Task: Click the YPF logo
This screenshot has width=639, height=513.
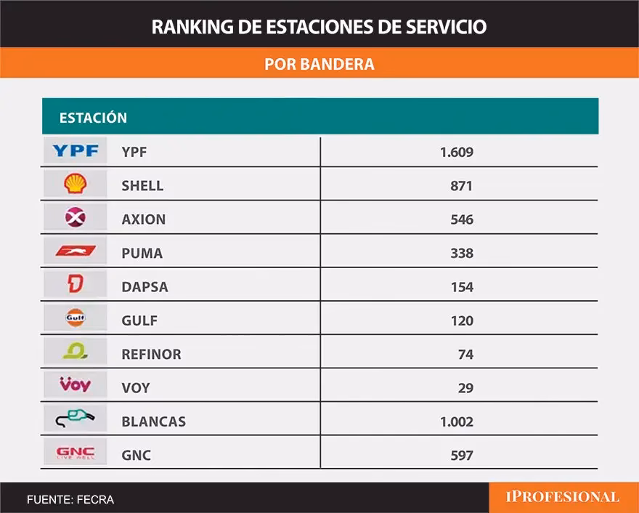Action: pyautogui.click(x=75, y=151)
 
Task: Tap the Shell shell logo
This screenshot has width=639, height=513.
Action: pyautogui.click(x=75, y=185)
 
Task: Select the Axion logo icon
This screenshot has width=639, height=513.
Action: pyautogui.click(x=75, y=218)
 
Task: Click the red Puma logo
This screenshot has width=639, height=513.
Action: pyautogui.click(x=75, y=252)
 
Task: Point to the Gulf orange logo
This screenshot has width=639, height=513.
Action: pyautogui.click(x=75, y=319)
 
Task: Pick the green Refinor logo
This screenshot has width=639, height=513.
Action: pyautogui.click(x=75, y=353)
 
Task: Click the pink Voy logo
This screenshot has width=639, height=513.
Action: pyautogui.click(x=75, y=386)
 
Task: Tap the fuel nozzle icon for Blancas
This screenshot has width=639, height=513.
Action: pyautogui.click(x=75, y=420)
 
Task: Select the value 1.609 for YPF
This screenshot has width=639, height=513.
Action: pyautogui.click(x=456, y=152)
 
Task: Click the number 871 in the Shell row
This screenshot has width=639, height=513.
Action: pyautogui.click(x=461, y=186)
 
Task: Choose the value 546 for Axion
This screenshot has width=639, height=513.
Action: pyautogui.click(x=461, y=219)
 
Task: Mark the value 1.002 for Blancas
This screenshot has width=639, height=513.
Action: pyautogui.click(x=456, y=421)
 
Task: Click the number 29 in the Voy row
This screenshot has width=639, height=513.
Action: pyautogui.click(x=465, y=388)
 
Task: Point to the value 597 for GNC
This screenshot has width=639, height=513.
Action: pyautogui.click(x=461, y=456)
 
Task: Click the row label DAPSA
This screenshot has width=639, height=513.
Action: pyautogui.click(x=145, y=287)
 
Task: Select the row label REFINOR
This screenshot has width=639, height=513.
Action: pyautogui.click(x=151, y=355)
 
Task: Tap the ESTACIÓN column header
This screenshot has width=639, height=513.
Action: pyautogui.click(x=93, y=118)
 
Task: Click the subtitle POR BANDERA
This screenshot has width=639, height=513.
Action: pyautogui.click(x=319, y=64)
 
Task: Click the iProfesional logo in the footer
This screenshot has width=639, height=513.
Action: pyautogui.click(x=562, y=498)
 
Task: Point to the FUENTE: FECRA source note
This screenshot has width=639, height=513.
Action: pyautogui.click(x=70, y=500)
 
